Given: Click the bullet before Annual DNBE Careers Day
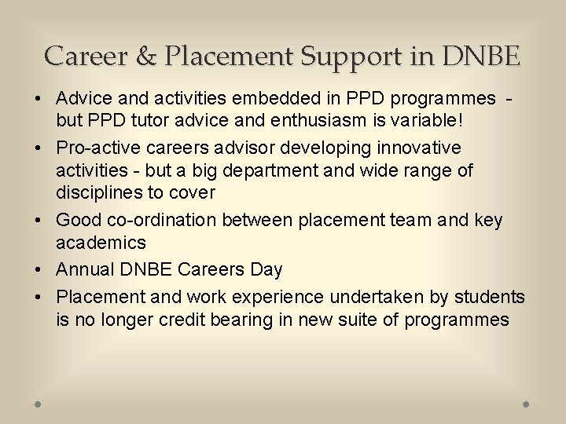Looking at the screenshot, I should tap(37, 269).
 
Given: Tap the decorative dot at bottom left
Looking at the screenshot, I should tap(39, 404).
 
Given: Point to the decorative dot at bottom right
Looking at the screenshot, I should tap(526, 404).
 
